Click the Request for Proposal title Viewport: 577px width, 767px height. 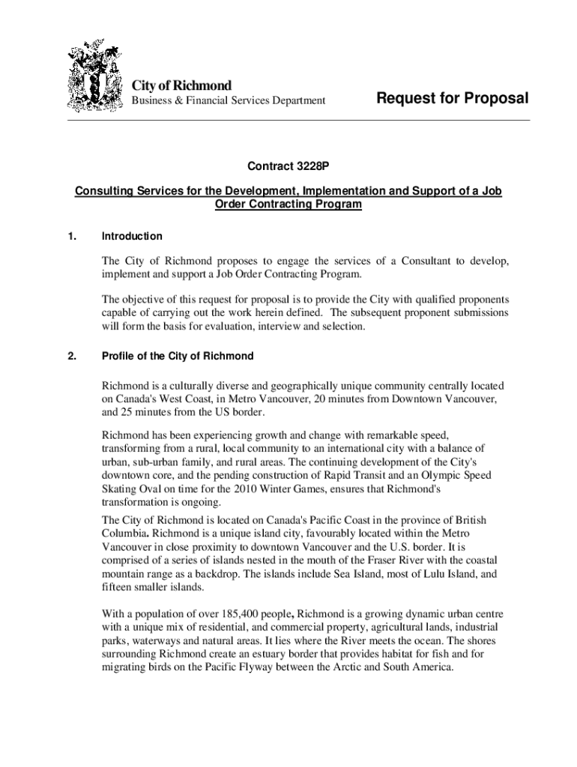452,98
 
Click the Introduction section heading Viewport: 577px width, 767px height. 132,236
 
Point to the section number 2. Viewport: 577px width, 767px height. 72,356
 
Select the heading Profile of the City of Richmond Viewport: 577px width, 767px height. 178,356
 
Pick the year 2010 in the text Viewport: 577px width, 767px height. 229,488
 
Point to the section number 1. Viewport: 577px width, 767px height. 72,236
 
